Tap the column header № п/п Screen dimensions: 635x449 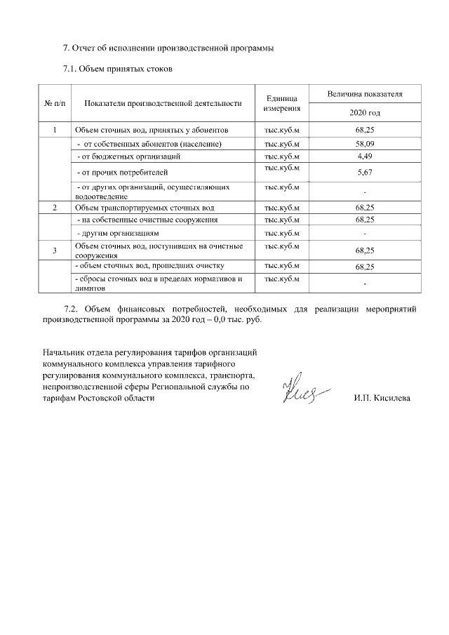point(55,103)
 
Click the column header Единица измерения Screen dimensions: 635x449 point(282,103)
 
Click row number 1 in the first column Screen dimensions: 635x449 point(55,130)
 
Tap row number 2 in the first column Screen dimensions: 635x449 point(55,208)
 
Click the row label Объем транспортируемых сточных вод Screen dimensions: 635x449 point(145,208)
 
